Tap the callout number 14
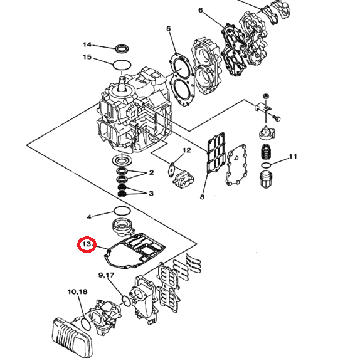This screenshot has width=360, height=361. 88,45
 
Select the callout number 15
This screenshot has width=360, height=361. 88,58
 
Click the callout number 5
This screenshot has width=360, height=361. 168,29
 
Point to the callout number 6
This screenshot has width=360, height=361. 200,11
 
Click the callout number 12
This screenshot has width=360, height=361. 187,150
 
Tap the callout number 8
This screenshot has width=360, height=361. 202,197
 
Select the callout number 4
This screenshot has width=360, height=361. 89,217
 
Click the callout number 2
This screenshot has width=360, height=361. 151,173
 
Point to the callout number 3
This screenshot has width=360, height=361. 151,193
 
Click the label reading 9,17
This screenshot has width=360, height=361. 106,275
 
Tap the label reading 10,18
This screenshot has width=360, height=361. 78,292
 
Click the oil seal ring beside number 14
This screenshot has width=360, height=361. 122,48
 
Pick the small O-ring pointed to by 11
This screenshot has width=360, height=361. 267,165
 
